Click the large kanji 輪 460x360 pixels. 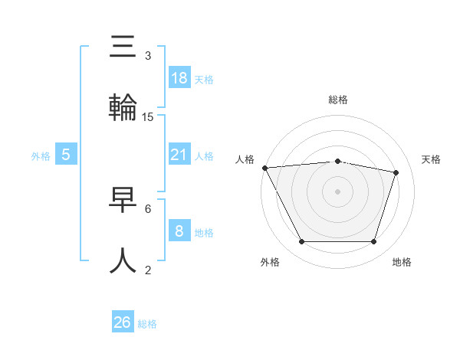123,107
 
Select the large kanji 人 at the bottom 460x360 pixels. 123,260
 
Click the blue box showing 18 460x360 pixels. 179,77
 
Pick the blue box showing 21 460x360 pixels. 179,155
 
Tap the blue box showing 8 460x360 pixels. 179,231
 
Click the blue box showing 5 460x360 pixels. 66,155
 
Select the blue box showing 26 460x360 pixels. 123,322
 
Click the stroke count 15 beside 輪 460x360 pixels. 148,117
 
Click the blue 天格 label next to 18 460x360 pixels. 204,79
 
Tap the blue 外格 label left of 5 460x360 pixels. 41,155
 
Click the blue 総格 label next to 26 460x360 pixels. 147,324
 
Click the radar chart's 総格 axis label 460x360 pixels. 338,100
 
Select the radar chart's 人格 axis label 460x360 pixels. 246,159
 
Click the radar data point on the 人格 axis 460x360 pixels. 264,168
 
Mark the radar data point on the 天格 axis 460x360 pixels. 396,172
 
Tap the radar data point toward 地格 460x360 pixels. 373,242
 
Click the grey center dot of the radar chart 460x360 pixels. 338,191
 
